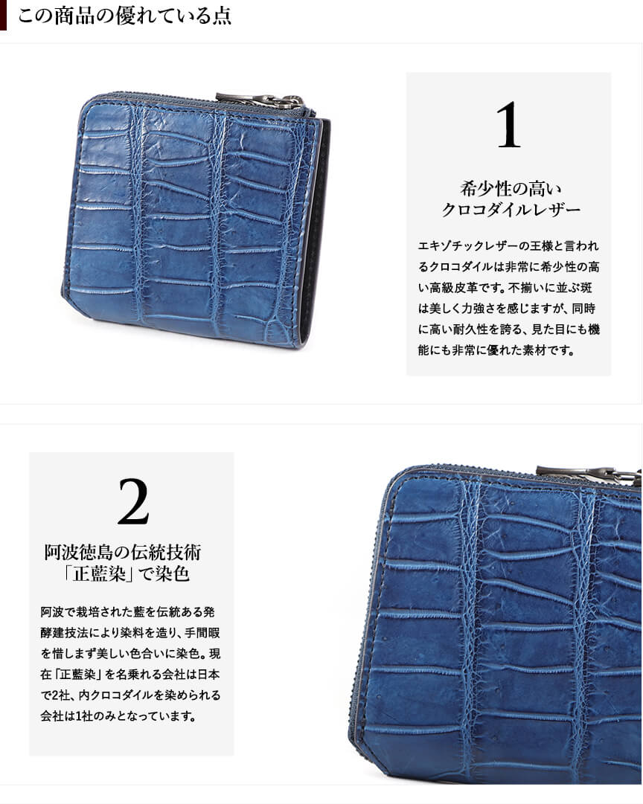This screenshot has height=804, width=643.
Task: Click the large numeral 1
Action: coord(508,125)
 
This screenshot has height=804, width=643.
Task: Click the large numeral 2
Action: coord(133,501)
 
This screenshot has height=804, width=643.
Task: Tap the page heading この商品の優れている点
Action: coord(124,16)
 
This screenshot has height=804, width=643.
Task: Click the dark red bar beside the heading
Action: coord(3,15)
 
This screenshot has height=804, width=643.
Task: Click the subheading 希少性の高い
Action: coord(511,189)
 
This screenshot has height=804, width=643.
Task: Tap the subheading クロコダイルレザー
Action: coord(511,210)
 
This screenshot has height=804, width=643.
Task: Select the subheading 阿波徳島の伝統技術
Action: coord(123,552)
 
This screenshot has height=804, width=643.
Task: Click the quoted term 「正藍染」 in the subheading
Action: coord(97,573)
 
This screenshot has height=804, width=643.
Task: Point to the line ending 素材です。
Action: coord(496,351)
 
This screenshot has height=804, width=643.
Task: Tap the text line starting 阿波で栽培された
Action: coord(127,611)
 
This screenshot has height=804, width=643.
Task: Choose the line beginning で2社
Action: coord(130,695)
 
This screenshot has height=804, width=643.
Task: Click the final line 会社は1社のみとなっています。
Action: coord(118,715)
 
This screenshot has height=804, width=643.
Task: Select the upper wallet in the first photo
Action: coord(196,221)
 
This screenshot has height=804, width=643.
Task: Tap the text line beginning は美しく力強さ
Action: coord(507,309)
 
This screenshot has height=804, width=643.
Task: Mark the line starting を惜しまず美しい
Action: coord(130,654)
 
